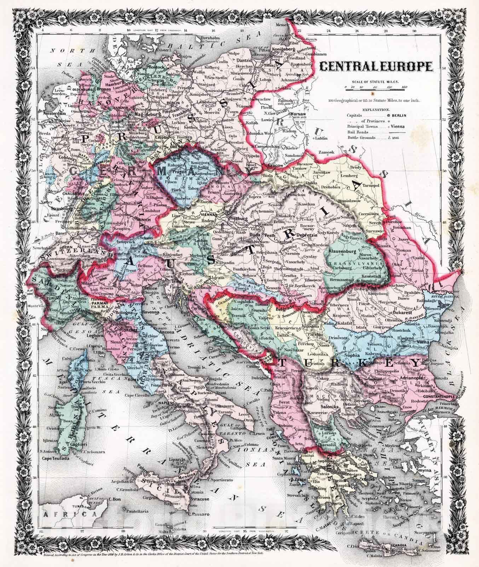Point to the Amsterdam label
coord(55,114)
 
